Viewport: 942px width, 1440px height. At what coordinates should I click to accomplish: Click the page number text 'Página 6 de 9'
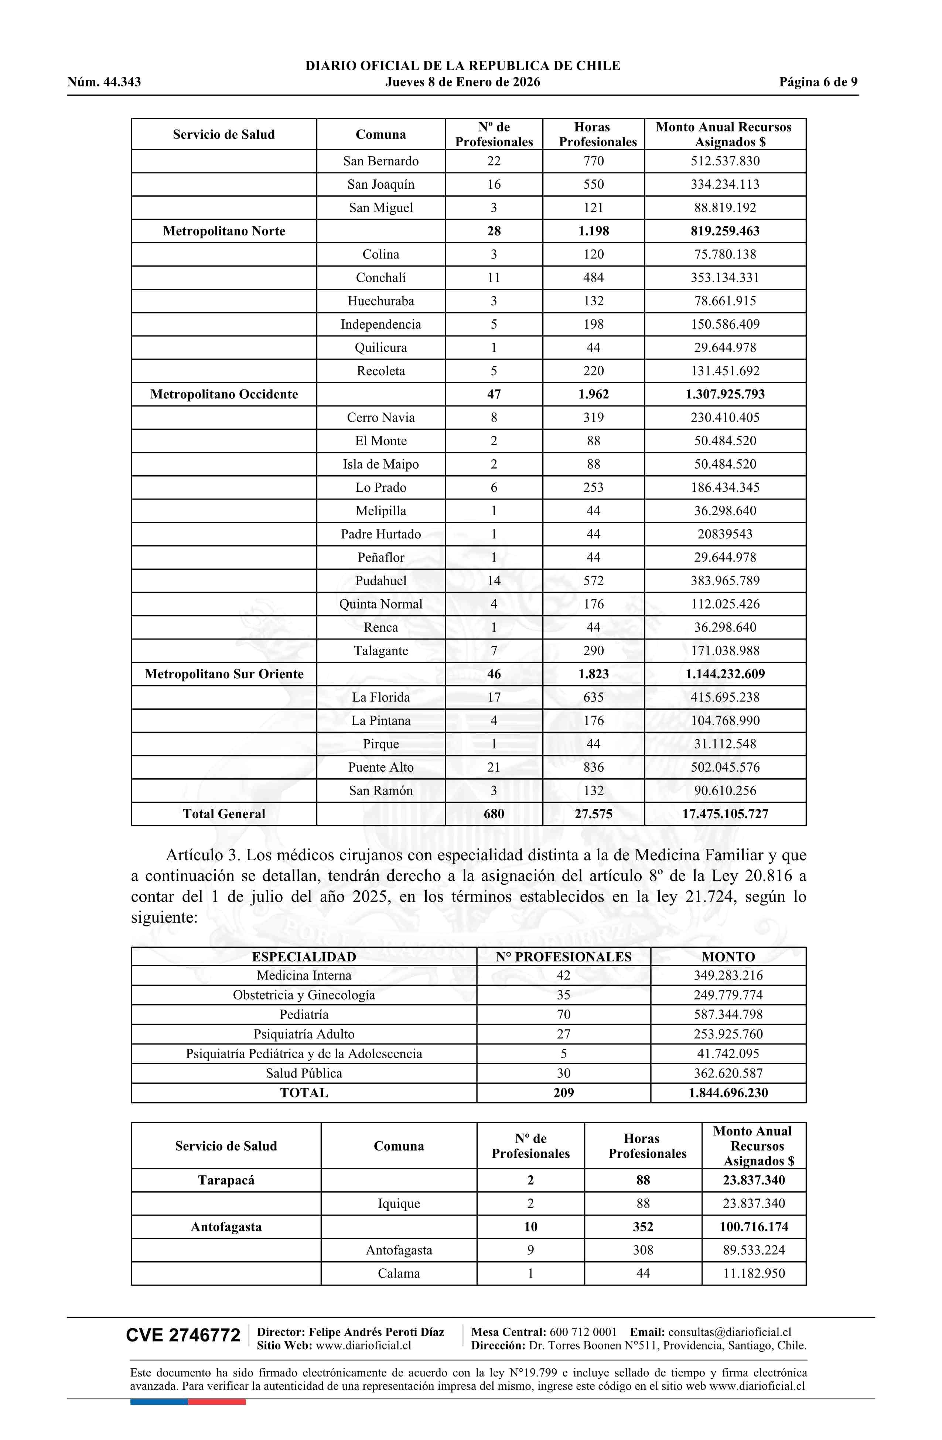click(818, 82)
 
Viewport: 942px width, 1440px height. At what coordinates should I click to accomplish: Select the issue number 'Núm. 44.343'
click(104, 82)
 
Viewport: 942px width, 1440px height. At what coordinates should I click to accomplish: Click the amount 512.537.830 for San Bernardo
click(725, 161)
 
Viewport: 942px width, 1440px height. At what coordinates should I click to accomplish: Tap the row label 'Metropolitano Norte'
click(223, 231)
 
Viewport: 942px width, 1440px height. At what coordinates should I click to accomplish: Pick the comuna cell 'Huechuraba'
click(381, 301)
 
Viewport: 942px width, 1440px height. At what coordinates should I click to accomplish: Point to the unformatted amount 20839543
click(725, 534)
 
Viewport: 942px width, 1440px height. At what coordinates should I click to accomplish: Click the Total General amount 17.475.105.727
click(725, 814)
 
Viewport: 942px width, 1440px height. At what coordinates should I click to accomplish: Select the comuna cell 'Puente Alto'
click(381, 767)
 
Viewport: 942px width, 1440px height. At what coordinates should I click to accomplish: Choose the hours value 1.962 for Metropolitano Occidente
click(593, 394)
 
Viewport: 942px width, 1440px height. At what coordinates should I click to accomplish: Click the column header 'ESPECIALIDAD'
click(304, 957)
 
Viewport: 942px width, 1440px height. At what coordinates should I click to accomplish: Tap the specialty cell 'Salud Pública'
click(304, 1073)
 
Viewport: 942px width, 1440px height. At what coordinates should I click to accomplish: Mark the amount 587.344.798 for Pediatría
click(728, 1015)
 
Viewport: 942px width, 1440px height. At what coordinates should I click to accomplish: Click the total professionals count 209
click(564, 1093)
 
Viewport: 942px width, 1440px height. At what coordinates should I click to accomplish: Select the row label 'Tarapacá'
click(226, 1180)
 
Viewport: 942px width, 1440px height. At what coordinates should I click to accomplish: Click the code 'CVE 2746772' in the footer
click(183, 1336)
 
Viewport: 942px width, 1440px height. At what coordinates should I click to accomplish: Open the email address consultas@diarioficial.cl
click(730, 1332)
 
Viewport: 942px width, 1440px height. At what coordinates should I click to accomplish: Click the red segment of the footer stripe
click(217, 1402)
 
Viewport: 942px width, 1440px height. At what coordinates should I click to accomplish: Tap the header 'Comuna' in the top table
click(381, 134)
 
